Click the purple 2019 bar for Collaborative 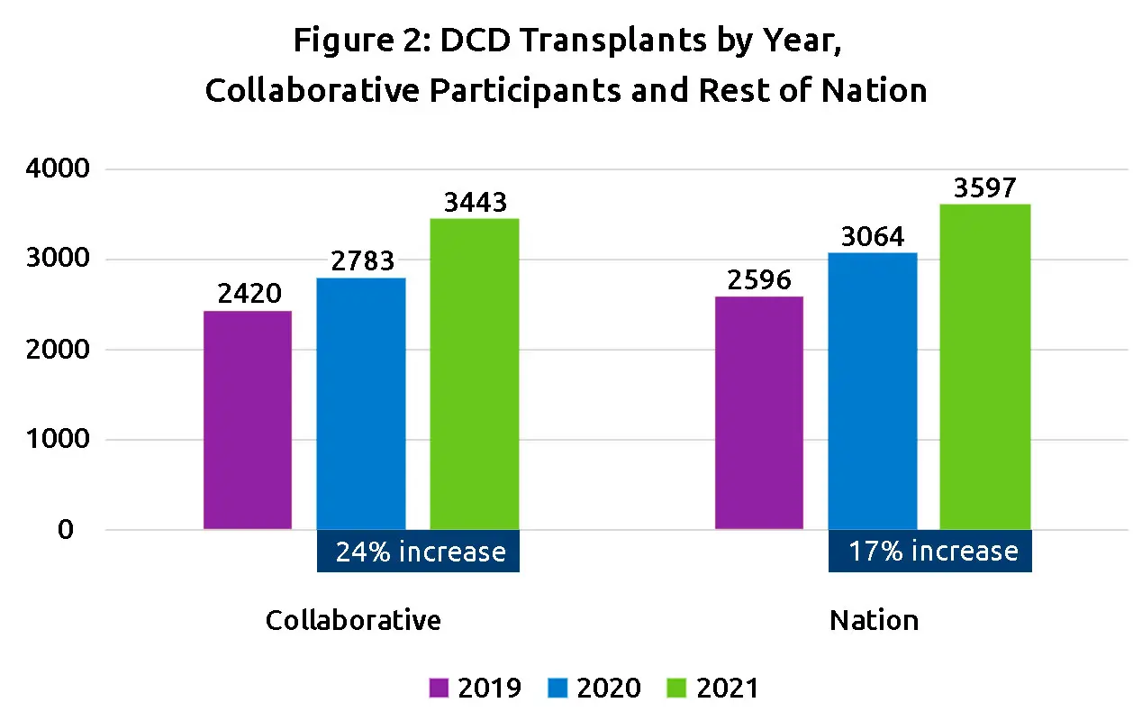[248, 420]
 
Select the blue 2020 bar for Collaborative [361, 404]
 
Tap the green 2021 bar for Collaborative [475, 374]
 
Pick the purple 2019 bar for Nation [759, 413]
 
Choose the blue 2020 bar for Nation [873, 391]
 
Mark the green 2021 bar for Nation [985, 367]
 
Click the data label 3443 [476, 202]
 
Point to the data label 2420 [249, 294]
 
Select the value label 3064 [873, 236]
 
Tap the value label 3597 [985, 187]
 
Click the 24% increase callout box [419, 552]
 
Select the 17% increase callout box [930, 552]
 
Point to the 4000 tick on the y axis [53, 169]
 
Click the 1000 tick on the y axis [53, 440]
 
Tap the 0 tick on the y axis [65, 530]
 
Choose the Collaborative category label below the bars [353, 621]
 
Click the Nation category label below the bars [874, 621]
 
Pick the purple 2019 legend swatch [438, 689]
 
